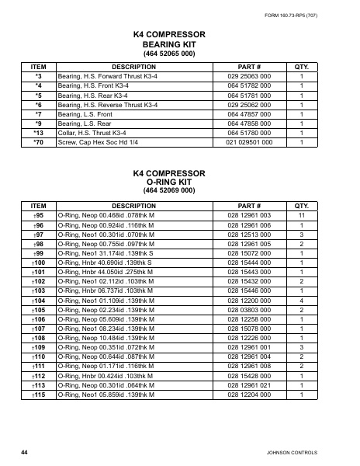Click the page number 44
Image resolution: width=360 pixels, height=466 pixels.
[x=24, y=451]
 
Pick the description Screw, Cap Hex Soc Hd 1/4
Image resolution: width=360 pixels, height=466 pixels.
[x=99, y=143]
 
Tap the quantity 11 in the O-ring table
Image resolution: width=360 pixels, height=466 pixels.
[x=302, y=214]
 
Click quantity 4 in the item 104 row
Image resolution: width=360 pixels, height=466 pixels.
[x=302, y=300]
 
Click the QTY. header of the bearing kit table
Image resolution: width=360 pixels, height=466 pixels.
[x=302, y=68]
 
